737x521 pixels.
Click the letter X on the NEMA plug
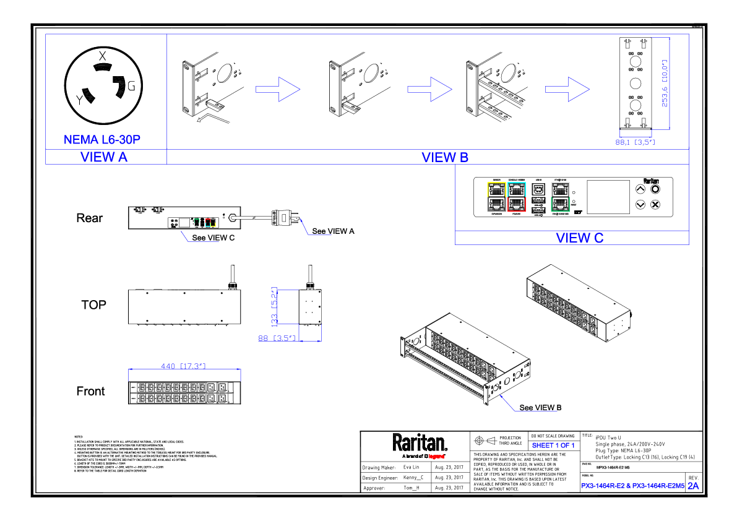(x=103, y=56)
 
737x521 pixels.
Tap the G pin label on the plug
(x=131, y=86)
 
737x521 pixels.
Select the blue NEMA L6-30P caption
(x=102, y=140)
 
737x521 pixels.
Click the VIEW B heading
(x=445, y=157)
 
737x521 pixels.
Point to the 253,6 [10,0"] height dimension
(x=665, y=83)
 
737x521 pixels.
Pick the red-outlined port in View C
(x=515, y=203)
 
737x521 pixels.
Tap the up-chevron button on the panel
(x=640, y=189)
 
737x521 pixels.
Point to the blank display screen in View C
(x=607, y=197)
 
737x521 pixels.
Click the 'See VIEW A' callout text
(x=333, y=231)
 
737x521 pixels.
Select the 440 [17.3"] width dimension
(x=183, y=366)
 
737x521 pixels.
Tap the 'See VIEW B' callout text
(x=540, y=407)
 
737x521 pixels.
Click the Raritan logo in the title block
(x=419, y=443)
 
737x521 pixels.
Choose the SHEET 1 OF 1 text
(x=553, y=445)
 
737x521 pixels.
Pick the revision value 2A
(x=693, y=486)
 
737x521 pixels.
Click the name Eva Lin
(x=411, y=467)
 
